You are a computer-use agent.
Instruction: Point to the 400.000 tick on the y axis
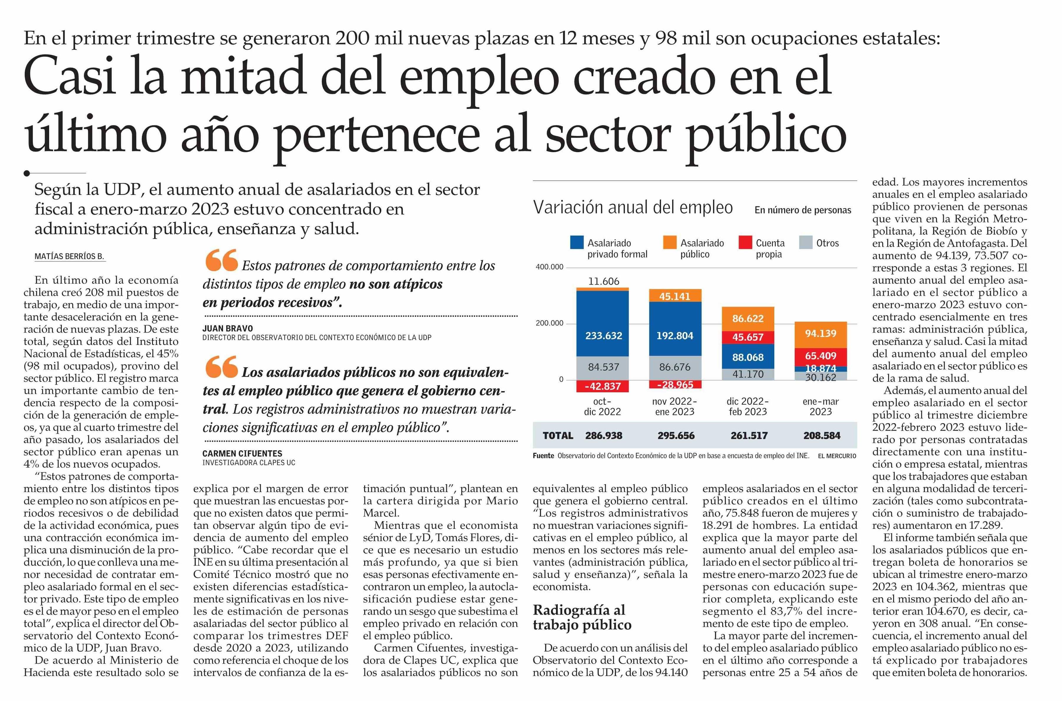coord(550,267)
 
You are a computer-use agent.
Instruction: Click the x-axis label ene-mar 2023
coord(820,407)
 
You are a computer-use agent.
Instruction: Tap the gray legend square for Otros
coord(805,243)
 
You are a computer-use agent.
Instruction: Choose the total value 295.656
coord(675,436)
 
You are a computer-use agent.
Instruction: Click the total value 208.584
coord(821,436)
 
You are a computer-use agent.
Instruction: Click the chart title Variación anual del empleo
coord(633,208)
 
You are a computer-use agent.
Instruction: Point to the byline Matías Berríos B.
coord(69,257)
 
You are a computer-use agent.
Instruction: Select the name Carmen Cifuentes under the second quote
coord(242,453)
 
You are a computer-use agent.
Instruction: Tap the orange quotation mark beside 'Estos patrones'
coord(221,260)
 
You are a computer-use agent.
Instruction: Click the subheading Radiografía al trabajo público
coord(582,617)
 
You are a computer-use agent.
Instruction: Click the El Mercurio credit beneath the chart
coord(837,456)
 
